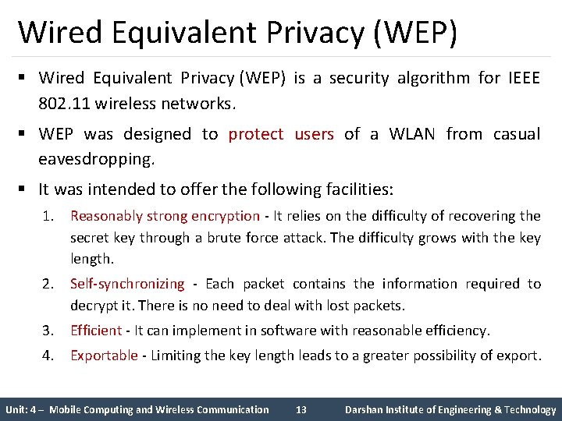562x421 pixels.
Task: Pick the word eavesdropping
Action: click(97, 159)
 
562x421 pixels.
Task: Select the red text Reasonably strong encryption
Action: click(165, 216)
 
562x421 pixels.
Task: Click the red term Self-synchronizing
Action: click(127, 284)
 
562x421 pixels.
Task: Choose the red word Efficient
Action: click(96, 331)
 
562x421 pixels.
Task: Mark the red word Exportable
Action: click(104, 356)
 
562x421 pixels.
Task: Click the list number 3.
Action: click(48, 331)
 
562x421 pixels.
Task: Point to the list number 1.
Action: click(48, 216)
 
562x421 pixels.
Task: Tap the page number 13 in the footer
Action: click(303, 409)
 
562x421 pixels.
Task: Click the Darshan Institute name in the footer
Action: click(450, 409)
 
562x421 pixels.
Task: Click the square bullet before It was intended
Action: click(25, 189)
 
